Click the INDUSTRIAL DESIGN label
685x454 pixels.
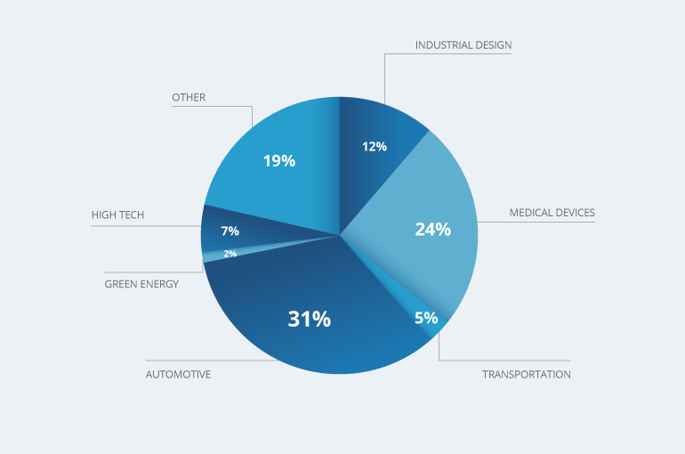point(463,45)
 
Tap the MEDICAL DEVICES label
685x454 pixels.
point(552,213)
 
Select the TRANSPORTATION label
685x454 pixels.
point(527,375)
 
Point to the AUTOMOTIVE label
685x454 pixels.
point(178,375)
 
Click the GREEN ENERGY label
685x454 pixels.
point(141,284)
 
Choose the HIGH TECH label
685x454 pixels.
point(117,215)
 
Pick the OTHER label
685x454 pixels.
point(189,97)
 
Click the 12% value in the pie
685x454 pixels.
point(375,146)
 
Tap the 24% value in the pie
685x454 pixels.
point(433,230)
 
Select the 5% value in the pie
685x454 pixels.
point(426,318)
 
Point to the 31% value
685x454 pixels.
point(310,319)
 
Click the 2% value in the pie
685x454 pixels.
point(230,254)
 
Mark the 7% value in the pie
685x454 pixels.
point(230,231)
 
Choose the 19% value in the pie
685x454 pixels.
point(279,161)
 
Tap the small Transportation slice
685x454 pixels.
point(419,311)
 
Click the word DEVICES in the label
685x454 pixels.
point(574,213)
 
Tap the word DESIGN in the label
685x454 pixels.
point(493,45)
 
